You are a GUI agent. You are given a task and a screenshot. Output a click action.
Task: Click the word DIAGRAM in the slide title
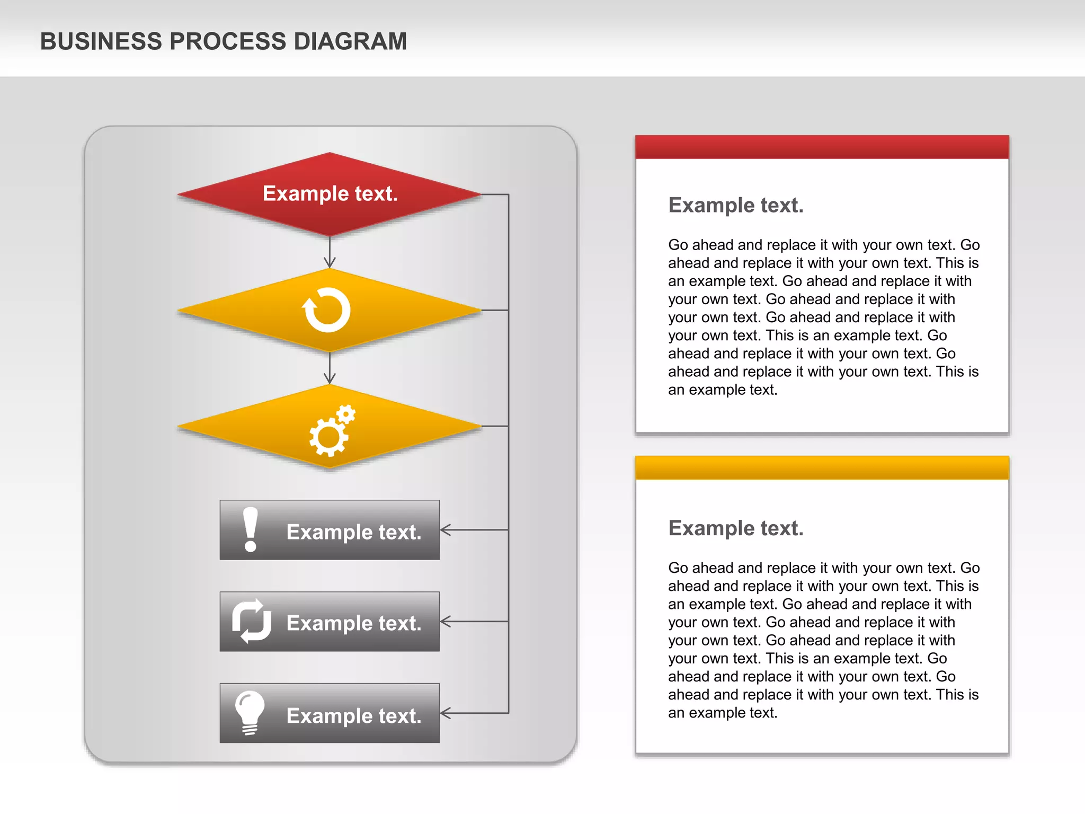click(x=350, y=41)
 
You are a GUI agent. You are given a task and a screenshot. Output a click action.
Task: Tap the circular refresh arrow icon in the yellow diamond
click(x=327, y=310)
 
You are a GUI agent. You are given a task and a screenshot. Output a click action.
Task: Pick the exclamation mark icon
click(x=250, y=529)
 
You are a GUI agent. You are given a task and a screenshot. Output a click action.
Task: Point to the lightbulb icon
click(x=250, y=712)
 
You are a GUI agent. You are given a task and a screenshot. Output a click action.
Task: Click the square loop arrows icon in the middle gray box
click(x=252, y=621)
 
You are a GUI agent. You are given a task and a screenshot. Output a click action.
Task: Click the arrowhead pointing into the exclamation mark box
click(x=445, y=529)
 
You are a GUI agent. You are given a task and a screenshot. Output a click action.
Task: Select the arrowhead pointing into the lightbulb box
click(x=445, y=713)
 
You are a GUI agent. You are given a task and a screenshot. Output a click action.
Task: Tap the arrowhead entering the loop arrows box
click(x=445, y=621)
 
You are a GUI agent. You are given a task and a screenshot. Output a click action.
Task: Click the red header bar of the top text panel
click(x=822, y=147)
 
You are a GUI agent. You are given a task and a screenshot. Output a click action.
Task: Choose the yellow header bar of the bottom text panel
click(x=822, y=467)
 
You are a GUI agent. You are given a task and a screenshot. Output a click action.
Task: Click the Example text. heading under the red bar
click(x=736, y=205)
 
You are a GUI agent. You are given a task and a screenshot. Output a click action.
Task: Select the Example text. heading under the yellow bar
click(x=736, y=528)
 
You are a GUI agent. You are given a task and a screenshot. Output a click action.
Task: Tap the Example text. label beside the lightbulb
click(x=354, y=716)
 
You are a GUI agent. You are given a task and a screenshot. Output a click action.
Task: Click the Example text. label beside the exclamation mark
click(x=354, y=532)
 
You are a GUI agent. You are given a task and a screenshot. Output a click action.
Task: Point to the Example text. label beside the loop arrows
click(x=354, y=623)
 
